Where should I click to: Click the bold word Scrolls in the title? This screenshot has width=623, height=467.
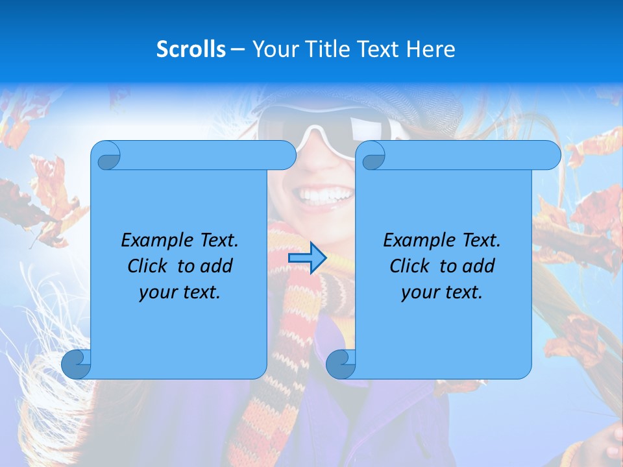[191, 49]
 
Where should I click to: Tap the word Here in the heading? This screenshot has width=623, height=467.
[430, 49]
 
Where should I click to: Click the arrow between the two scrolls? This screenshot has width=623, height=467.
[306, 258]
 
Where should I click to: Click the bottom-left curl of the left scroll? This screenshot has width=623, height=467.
[77, 365]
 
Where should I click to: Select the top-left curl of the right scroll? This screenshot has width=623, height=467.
[373, 156]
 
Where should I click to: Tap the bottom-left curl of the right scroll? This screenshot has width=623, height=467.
[341, 365]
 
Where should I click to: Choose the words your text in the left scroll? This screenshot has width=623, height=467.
[180, 292]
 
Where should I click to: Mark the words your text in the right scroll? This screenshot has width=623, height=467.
[442, 292]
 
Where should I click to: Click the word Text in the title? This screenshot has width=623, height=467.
[380, 49]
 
